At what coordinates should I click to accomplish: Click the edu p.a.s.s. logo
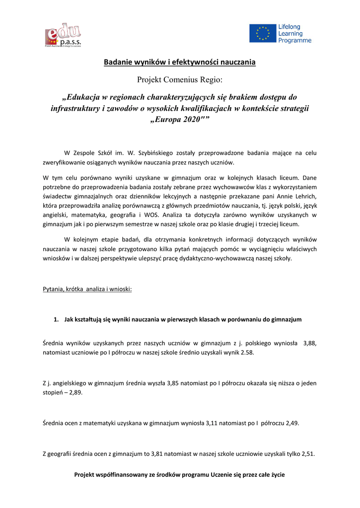click(63, 35)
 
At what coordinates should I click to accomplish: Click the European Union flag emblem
click(262, 33)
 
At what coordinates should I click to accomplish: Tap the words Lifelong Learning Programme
click(295, 33)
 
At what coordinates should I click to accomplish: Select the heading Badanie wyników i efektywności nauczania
click(180, 62)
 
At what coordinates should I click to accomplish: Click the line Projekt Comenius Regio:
click(180, 79)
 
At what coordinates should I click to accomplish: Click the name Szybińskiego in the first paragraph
click(144, 153)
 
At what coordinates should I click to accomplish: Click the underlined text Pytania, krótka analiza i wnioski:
click(87, 289)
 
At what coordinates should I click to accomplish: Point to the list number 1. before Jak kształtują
click(57, 319)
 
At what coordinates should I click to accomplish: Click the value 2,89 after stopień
click(76, 392)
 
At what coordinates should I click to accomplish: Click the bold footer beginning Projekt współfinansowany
click(180, 475)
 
